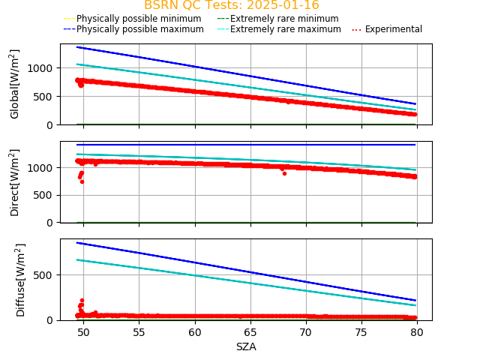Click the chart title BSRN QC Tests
[x=231, y=5]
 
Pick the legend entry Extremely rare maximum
[x=285, y=29]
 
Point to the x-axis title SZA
[x=246, y=346]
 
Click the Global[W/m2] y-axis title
[x=15, y=84]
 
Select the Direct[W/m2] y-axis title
[x=15, y=182]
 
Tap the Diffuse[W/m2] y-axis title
[x=21, y=279]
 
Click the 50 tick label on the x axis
[x=83, y=332]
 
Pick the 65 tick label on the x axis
[x=250, y=332]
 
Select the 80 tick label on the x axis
[x=418, y=332]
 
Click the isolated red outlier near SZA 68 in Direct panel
[x=284, y=173]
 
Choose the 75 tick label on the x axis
[x=361, y=332]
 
